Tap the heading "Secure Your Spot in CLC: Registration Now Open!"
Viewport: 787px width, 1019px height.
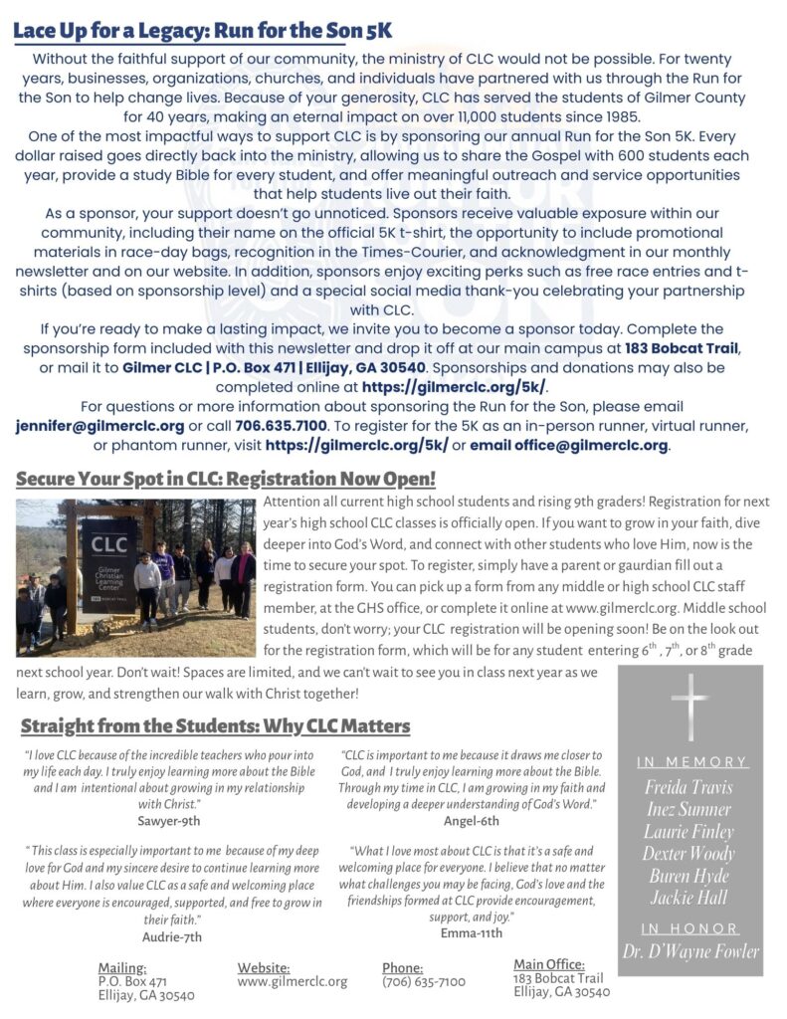coord(226,479)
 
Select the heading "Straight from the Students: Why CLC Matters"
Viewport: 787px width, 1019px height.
coord(215,725)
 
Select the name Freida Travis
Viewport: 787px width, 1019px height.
coord(689,787)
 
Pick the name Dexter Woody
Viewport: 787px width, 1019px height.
coord(689,854)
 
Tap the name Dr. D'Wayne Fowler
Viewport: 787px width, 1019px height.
coord(689,950)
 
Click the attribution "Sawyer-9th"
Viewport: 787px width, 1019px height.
coord(169,821)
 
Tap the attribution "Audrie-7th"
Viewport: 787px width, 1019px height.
coord(171,936)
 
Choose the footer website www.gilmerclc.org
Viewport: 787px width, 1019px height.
coord(293,981)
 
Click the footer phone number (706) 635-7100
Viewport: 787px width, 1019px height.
coord(424,981)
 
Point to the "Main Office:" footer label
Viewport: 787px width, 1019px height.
coord(549,964)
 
